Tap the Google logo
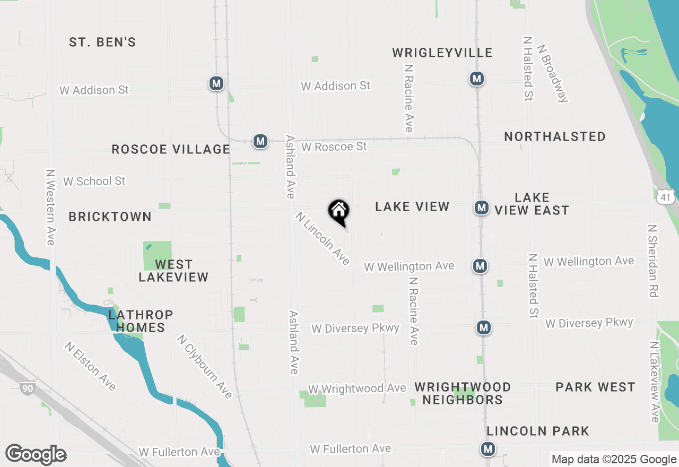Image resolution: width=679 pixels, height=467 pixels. click(x=36, y=455)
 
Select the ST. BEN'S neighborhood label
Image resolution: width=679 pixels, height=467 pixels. click(x=102, y=42)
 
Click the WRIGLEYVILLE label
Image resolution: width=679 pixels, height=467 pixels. click(x=442, y=53)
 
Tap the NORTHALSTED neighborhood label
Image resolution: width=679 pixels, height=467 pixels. click(x=555, y=137)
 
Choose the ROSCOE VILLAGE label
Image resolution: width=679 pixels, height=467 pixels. click(x=171, y=150)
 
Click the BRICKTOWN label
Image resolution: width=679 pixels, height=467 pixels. click(x=110, y=217)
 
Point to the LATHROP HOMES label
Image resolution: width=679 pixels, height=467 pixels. click(x=141, y=321)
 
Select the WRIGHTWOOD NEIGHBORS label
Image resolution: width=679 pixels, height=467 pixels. click(x=463, y=393)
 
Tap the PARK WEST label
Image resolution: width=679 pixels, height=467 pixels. click(x=595, y=387)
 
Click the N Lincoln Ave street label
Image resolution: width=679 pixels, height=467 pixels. click(x=323, y=238)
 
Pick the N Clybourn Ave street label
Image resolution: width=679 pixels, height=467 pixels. click(x=205, y=366)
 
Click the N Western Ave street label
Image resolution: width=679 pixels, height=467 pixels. click(x=50, y=207)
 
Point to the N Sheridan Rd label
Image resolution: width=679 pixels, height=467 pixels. click(x=652, y=261)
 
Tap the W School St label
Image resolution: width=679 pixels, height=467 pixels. click(x=94, y=181)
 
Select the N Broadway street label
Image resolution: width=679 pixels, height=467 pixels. click(x=553, y=72)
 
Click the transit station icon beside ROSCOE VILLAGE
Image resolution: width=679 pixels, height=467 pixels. click(x=260, y=141)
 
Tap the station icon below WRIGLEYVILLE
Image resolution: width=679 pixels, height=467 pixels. click(x=477, y=79)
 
